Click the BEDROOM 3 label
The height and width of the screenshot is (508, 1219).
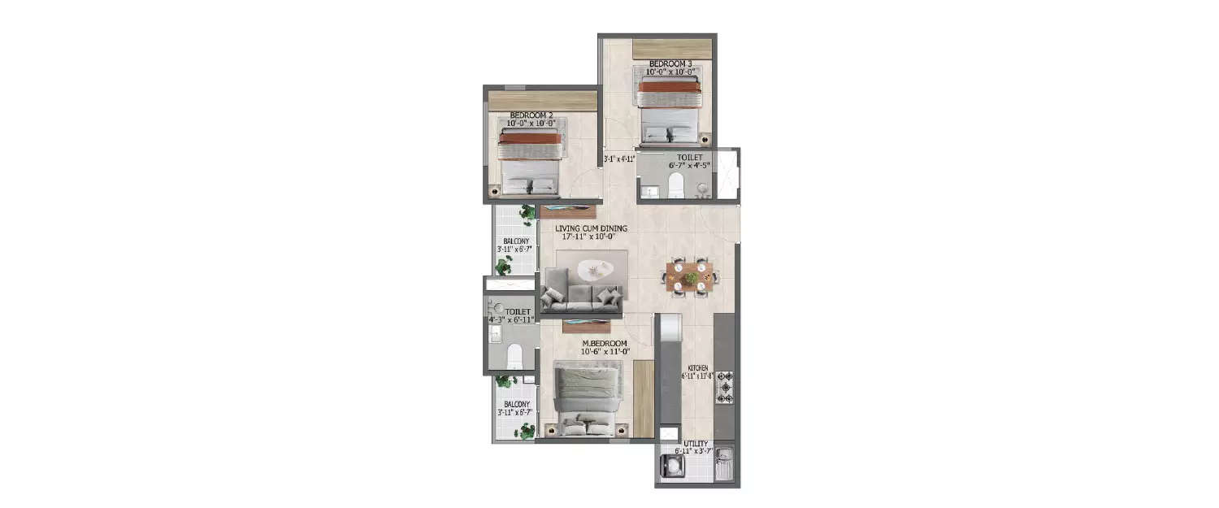(x=670, y=63)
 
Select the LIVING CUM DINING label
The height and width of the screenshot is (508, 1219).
(x=591, y=228)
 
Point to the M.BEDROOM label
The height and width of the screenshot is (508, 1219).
(x=603, y=344)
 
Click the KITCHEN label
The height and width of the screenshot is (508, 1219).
(x=698, y=368)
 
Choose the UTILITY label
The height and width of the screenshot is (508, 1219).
(x=696, y=444)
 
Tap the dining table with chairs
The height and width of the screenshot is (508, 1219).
(x=692, y=277)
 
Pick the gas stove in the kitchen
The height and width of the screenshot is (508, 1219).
(x=724, y=388)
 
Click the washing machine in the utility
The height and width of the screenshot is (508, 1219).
(x=674, y=466)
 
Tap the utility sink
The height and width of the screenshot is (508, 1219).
(x=724, y=466)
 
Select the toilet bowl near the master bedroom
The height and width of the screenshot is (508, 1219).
(x=514, y=355)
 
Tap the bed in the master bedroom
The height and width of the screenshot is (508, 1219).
(x=588, y=398)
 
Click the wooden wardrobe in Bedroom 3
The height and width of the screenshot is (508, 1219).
(x=672, y=48)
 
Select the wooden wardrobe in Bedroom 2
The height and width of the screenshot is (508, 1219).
(x=542, y=101)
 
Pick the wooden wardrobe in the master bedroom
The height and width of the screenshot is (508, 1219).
(x=644, y=397)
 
